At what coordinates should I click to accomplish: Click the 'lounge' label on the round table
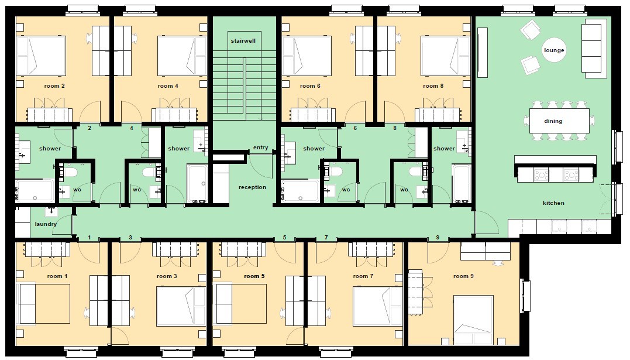tap(554, 50)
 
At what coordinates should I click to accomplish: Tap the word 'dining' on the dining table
tap(553, 121)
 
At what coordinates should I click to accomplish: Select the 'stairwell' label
tap(243, 40)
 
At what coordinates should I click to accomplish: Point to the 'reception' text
tap(252, 187)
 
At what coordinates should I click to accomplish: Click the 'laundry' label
tap(46, 224)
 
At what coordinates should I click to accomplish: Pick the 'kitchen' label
tap(553, 203)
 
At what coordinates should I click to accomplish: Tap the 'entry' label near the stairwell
tap(261, 148)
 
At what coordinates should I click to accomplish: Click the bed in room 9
tap(473, 320)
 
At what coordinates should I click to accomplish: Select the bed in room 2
tap(41, 56)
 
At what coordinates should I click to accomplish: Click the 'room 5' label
tap(254, 276)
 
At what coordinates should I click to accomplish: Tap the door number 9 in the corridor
tap(438, 237)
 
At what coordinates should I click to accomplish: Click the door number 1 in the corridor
tap(89, 237)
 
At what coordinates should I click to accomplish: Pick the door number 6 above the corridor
tap(355, 128)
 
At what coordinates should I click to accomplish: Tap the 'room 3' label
tap(167, 276)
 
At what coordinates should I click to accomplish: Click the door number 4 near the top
tap(132, 128)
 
